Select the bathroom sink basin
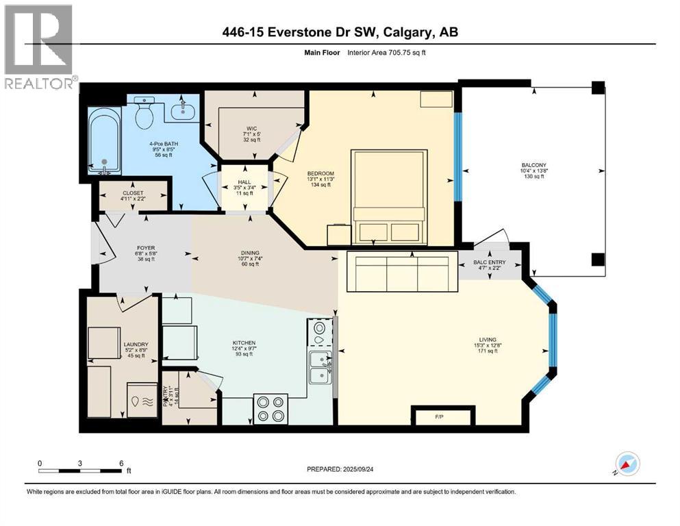point(182,110)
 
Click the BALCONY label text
point(533,164)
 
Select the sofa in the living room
point(401,270)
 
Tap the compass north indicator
point(627,464)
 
